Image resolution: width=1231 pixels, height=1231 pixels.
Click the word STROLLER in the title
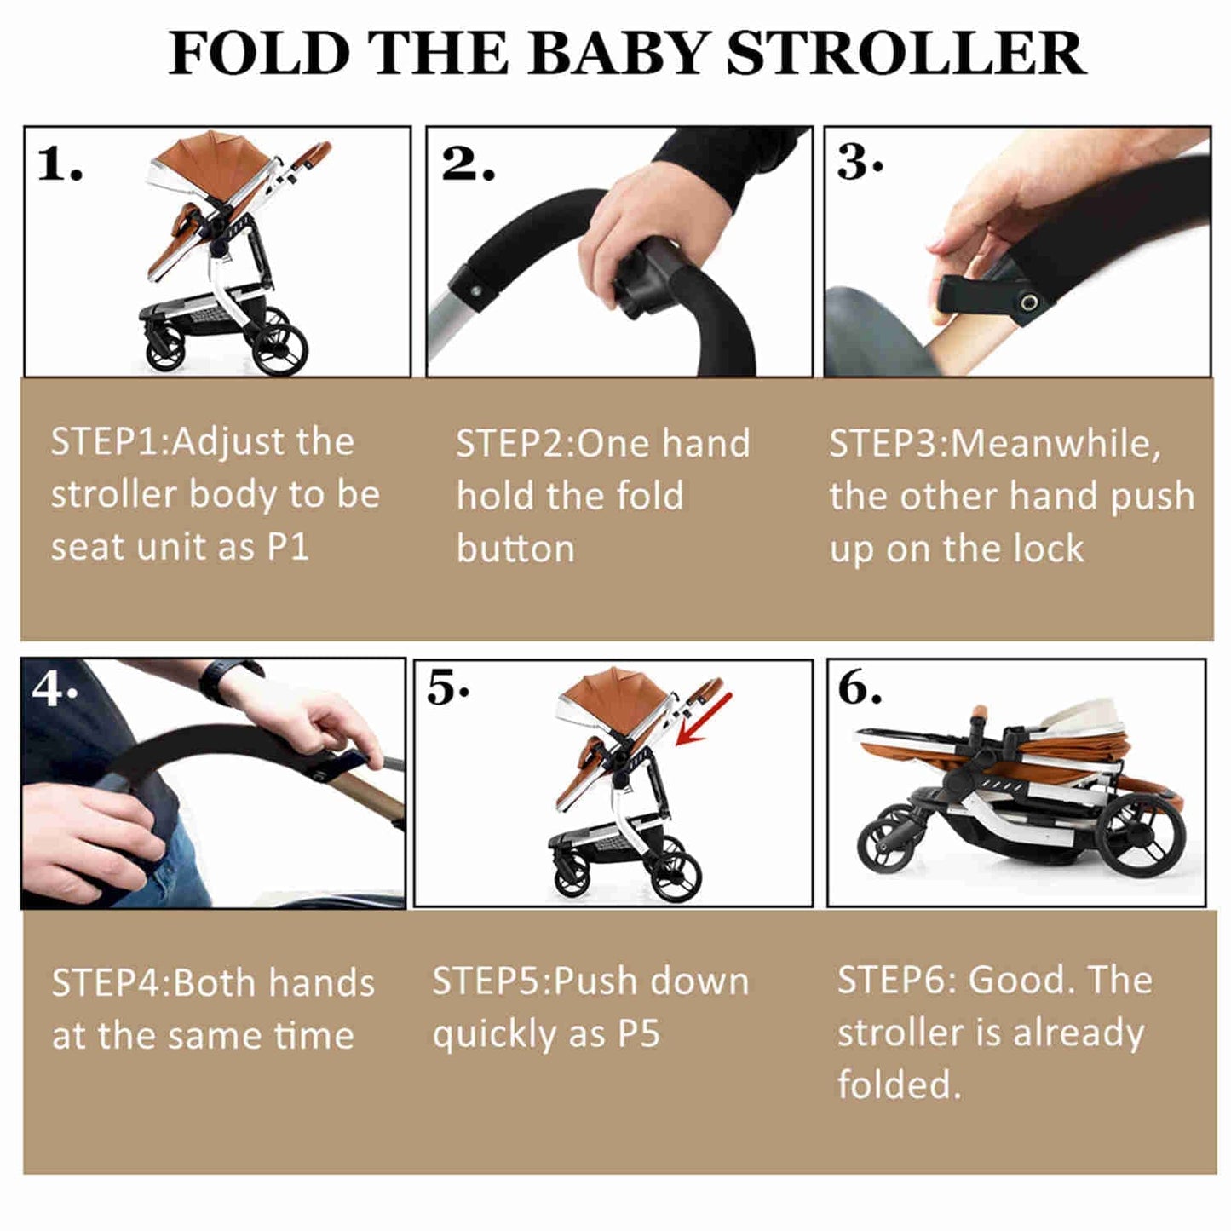click(906, 55)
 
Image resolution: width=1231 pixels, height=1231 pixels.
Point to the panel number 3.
click(858, 162)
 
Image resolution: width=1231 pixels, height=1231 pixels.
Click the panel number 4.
click(53, 687)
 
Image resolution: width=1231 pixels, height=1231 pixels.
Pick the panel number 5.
click(446, 688)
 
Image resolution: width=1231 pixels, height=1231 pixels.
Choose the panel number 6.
click(859, 688)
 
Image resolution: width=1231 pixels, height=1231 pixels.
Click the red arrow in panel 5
click(704, 718)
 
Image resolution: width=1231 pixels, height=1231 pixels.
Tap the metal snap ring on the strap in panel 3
click(1029, 302)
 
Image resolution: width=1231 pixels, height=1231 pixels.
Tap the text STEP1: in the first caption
click(110, 442)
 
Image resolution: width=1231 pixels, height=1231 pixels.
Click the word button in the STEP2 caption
click(515, 549)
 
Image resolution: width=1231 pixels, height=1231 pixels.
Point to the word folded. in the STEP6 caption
click(899, 1085)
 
